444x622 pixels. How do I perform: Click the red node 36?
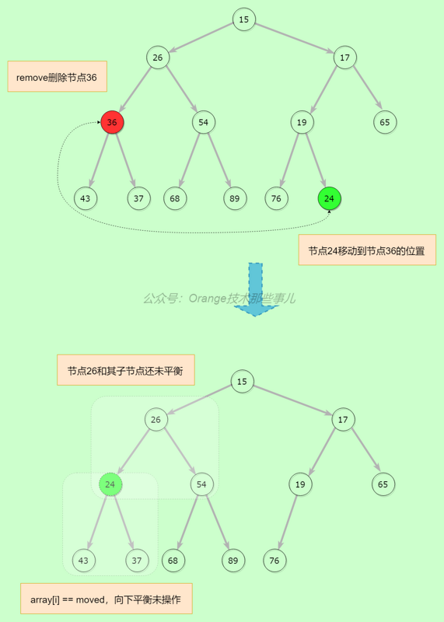point(112,122)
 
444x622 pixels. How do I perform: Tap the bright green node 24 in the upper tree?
point(330,198)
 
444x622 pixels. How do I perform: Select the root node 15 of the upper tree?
point(244,19)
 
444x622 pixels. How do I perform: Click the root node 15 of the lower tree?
point(243,381)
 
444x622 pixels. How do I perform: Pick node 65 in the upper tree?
point(385,122)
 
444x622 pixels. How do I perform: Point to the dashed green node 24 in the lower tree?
point(110,484)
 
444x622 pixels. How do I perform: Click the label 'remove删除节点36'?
point(57,77)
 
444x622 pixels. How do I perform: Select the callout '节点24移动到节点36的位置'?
point(367,250)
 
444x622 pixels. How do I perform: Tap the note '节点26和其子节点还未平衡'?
point(125,370)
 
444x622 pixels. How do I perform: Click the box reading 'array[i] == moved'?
point(105,599)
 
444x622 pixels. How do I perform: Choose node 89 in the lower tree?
point(233,560)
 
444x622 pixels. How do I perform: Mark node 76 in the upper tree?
point(276,198)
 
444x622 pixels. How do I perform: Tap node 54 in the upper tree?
point(204,122)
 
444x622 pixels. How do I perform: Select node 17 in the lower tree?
point(343,420)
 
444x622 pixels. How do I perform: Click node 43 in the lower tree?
point(84,560)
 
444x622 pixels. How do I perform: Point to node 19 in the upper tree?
point(302,122)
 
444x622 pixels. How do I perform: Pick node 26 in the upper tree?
point(158,58)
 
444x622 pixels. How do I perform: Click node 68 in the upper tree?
point(175,198)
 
